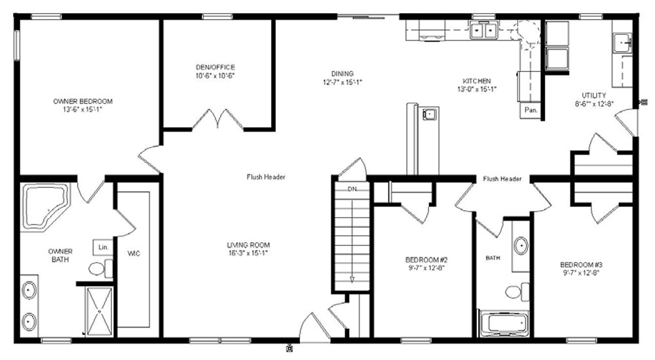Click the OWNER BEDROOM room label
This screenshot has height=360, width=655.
[83, 101]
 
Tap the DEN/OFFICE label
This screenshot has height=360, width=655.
[215, 67]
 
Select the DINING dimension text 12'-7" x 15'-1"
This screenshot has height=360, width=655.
[342, 82]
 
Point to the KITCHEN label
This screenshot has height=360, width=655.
[477, 81]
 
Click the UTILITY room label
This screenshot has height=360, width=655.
[593, 95]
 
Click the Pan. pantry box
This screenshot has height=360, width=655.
[531, 110]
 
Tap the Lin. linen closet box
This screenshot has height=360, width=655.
[103, 247]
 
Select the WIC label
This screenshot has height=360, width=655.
[134, 253]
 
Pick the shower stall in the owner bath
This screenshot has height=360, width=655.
[99, 311]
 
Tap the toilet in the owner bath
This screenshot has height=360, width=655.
[101, 268]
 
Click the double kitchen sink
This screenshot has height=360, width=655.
[483, 30]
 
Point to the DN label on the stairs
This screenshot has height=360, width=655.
[352, 189]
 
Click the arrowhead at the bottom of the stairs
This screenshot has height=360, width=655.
[352, 279]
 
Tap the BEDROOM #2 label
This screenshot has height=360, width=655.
[426, 260]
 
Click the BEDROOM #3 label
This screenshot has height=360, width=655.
[581, 265]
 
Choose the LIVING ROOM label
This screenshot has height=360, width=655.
[248, 245]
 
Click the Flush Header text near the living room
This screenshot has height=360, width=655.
[266, 177]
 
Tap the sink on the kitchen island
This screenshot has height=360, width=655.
[430, 114]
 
